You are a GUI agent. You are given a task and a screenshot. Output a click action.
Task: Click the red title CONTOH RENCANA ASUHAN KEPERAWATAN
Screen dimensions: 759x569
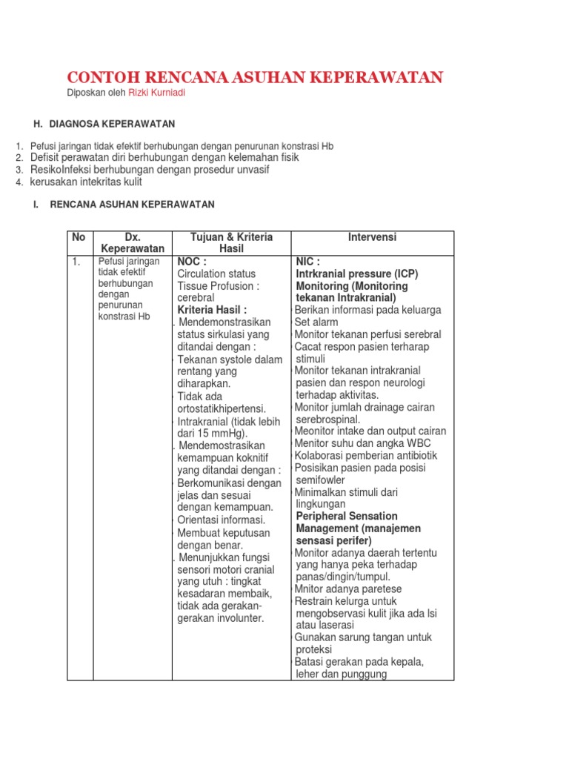coord(255,77)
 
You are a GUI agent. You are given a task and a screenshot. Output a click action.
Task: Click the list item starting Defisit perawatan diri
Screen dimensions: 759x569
coord(164,158)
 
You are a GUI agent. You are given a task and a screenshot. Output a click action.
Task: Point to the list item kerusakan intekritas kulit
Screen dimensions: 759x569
coord(86,182)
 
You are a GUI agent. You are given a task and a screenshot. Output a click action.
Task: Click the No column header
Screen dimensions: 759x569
coord(79,237)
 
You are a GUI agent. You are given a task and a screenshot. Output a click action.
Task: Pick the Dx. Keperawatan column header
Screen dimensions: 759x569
coord(133,243)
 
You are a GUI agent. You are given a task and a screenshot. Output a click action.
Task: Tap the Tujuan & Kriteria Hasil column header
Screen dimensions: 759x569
coord(231,243)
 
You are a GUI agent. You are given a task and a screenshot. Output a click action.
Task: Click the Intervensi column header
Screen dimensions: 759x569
coord(372,237)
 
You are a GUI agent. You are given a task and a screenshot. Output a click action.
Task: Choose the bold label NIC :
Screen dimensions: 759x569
coord(308,262)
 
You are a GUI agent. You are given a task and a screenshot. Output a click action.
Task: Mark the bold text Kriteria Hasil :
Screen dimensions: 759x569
coord(212,310)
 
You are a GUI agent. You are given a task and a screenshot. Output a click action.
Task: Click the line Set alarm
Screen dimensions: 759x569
coord(316,322)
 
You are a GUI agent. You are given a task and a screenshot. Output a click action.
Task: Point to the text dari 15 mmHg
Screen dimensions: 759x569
coord(214,434)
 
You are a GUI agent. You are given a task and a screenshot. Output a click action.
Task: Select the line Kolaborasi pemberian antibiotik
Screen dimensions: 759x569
coord(366,455)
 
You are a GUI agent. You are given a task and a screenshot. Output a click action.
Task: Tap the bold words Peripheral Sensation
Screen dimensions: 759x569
coord(347,516)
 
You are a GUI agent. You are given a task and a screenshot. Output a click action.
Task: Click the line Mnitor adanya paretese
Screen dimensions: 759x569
coord(342,589)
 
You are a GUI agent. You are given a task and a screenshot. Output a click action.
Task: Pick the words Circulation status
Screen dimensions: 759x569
coord(216,274)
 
